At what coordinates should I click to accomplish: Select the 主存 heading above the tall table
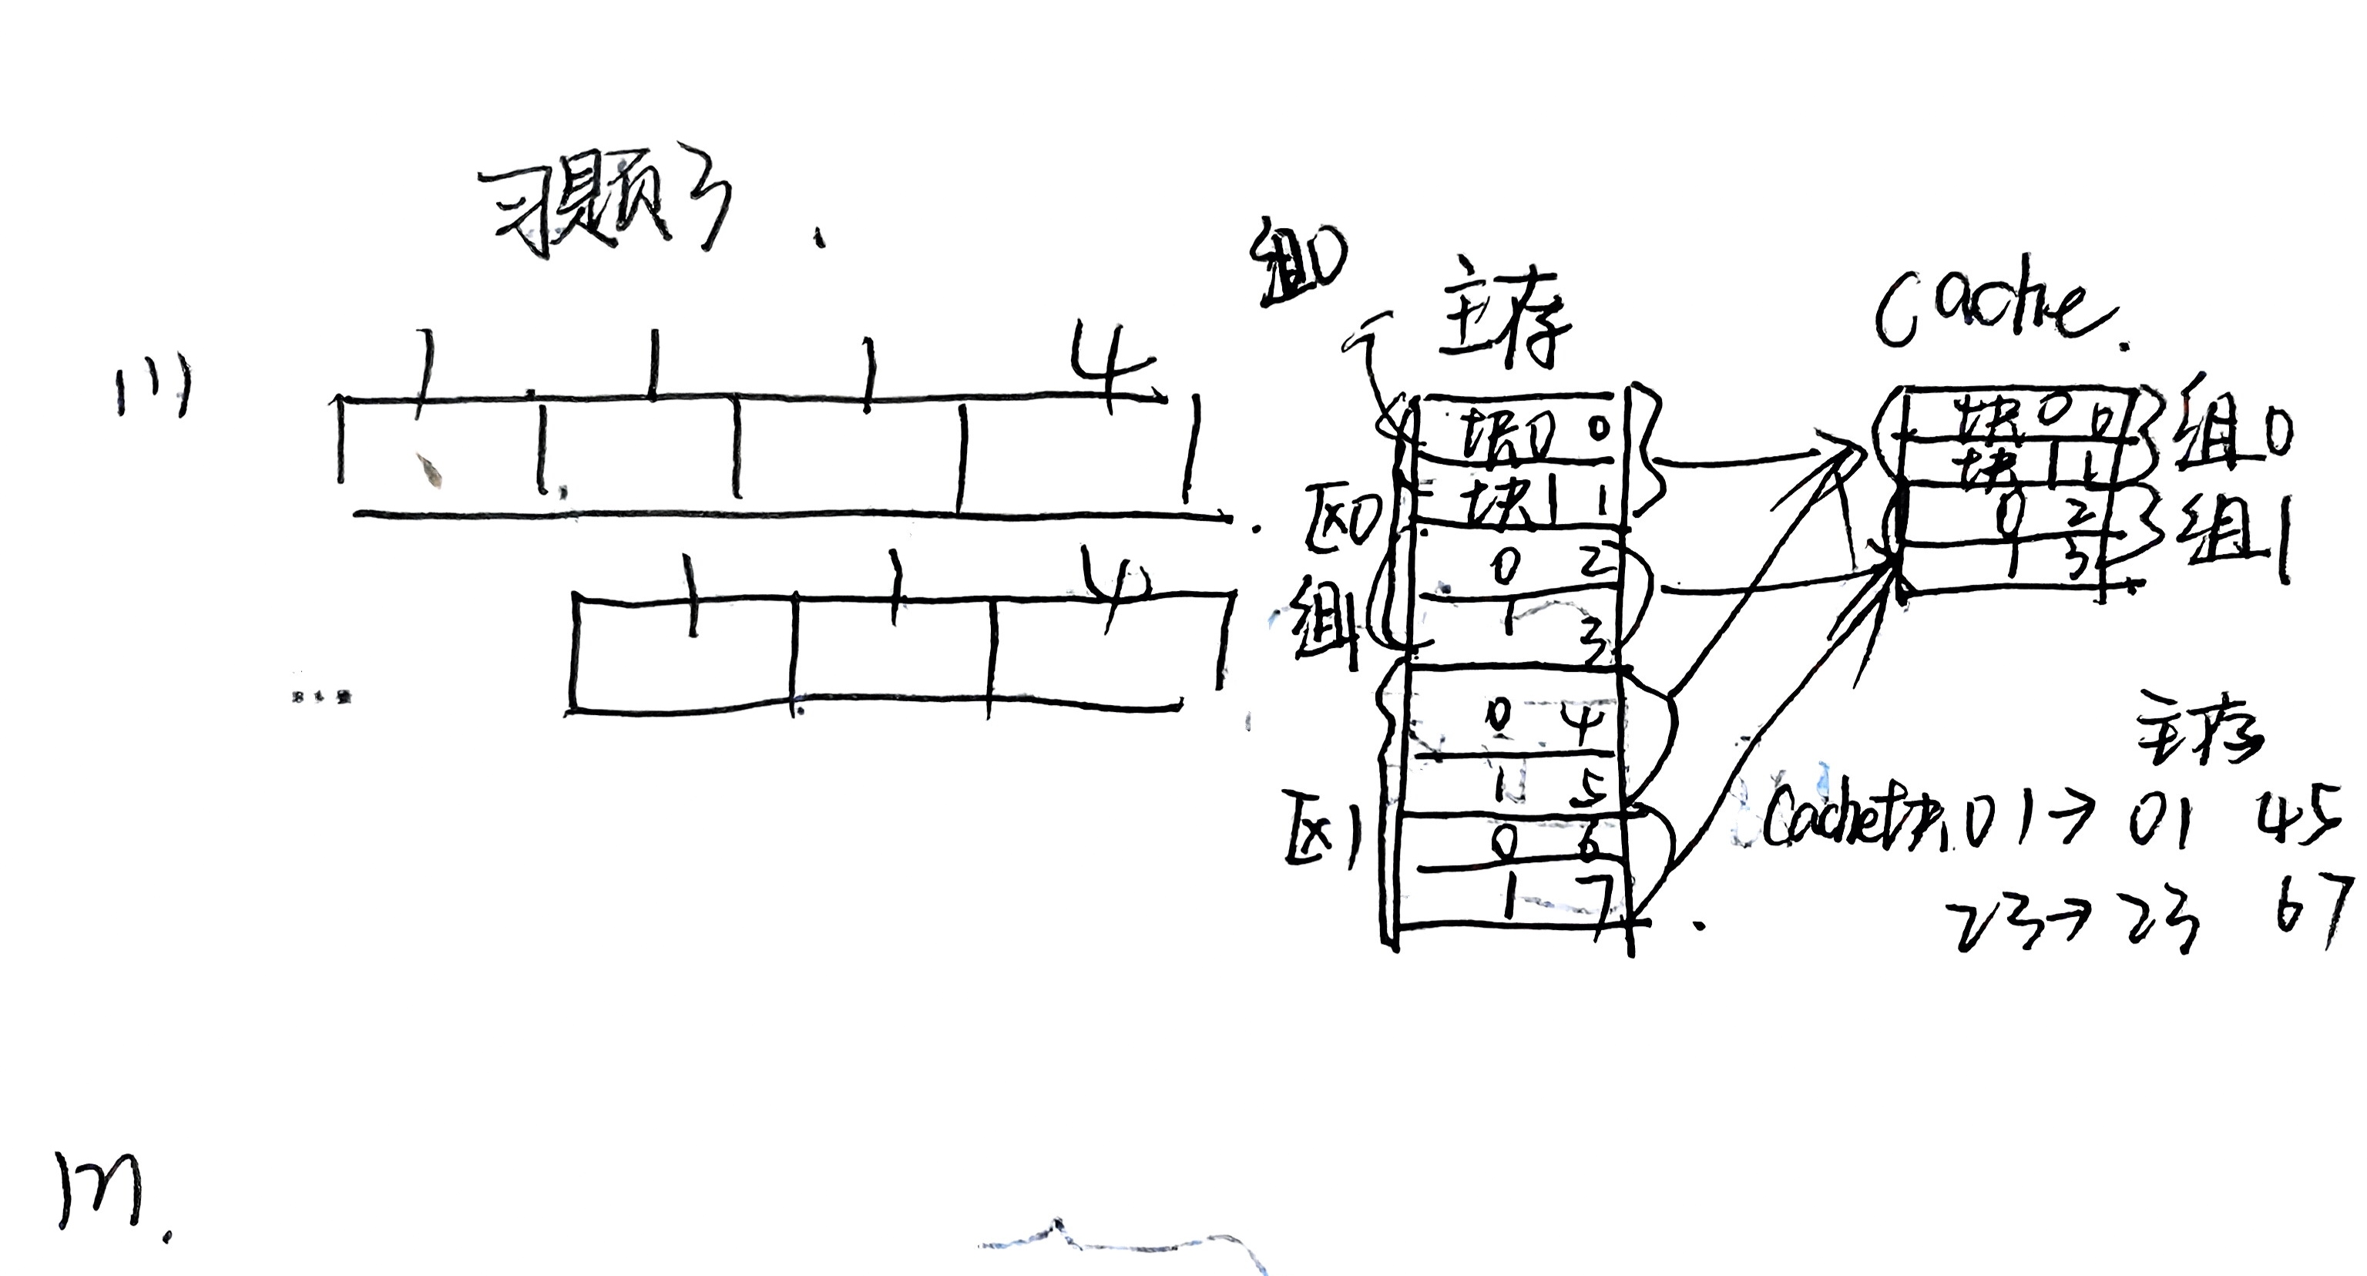coord(1503,321)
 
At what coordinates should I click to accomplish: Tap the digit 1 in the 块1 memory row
coord(1599,500)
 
